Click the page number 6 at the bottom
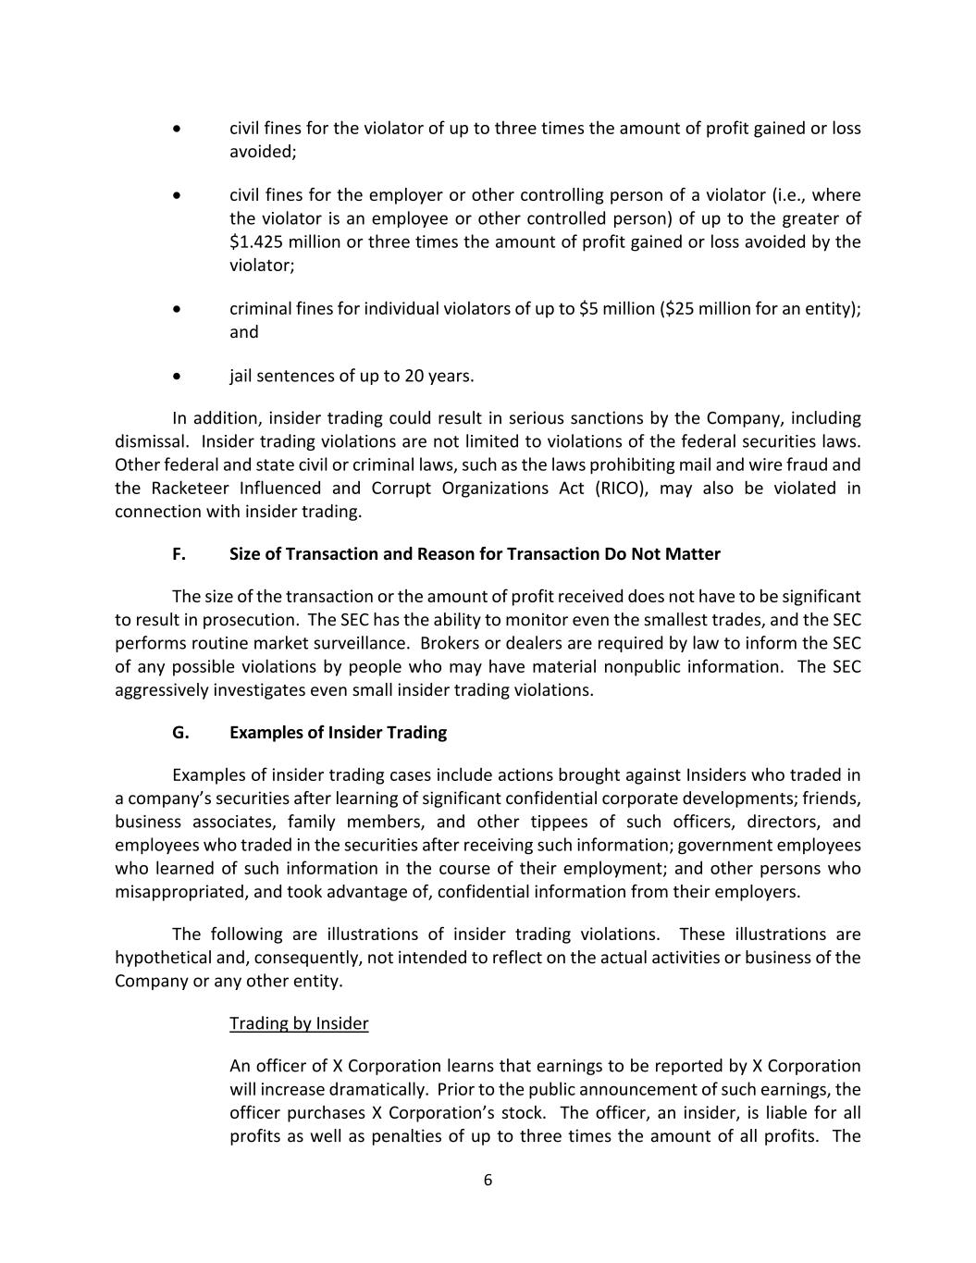coord(488,1180)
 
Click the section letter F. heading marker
coord(179,554)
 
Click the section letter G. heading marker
coord(180,733)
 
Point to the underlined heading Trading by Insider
coord(299,1023)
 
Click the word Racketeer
coord(190,489)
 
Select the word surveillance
coord(359,643)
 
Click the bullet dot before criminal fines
coord(178,309)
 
